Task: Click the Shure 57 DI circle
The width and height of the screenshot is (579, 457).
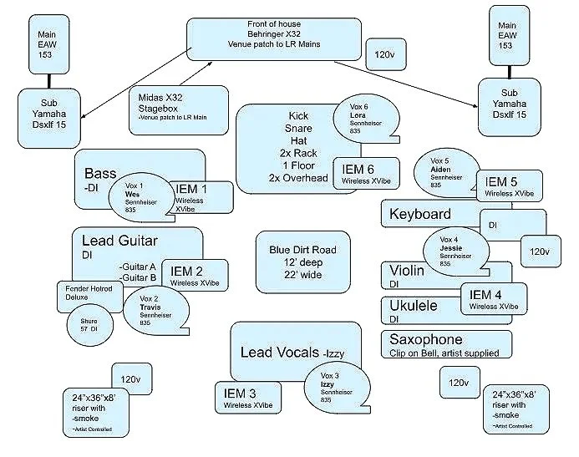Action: (x=89, y=325)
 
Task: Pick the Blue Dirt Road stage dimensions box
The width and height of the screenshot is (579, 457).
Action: (x=302, y=262)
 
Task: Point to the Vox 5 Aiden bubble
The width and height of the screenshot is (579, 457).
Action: (x=446, y=171)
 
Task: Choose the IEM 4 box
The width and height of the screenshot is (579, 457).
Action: (x=494, y=299)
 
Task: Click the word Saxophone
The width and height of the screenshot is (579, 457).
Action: (x=425, y=340)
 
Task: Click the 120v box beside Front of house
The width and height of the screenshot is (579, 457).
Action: (x=385, y=54)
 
